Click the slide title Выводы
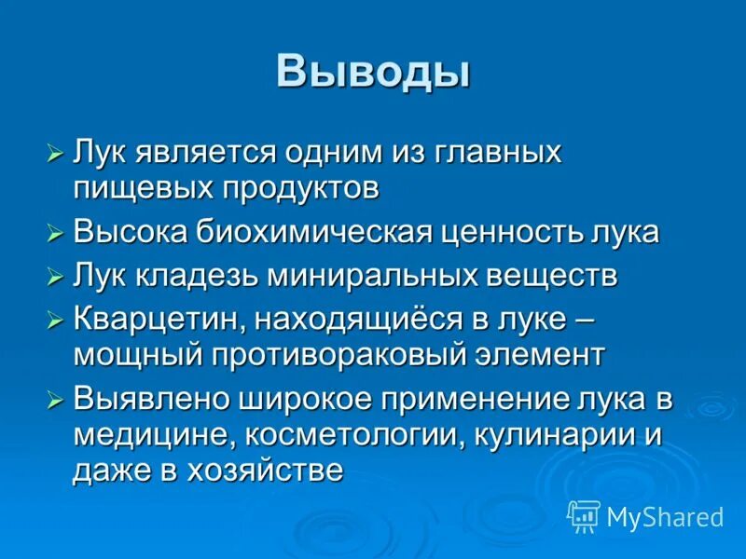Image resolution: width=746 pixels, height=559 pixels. [x=373, y=72]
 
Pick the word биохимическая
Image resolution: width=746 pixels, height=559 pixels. [x=314, y=232]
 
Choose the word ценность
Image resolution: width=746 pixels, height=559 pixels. [x=518, y=232]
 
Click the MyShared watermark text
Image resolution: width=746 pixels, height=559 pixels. [x=665, y=517]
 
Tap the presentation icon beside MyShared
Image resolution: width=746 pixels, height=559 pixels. [x=584, y=516]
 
